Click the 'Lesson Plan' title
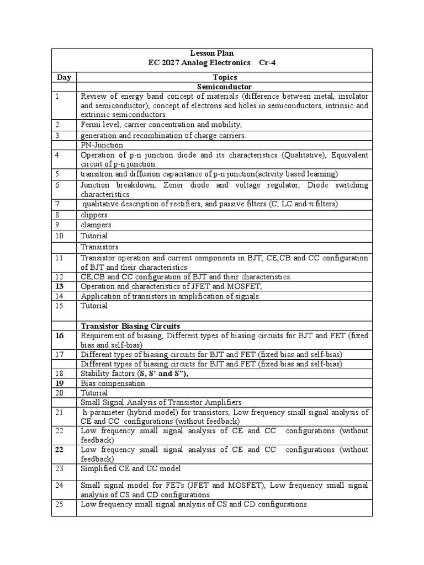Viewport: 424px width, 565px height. [212, 54]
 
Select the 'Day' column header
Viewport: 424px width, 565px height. [63, 77]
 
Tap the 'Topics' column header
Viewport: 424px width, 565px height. [224, 77]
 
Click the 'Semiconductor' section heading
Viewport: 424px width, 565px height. [224, 87]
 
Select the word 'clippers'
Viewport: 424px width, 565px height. [94, 215]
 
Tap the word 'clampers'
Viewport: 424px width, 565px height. [96, 225]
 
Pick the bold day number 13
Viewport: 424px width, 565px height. [60, 286]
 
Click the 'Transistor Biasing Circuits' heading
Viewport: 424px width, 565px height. [130, 326]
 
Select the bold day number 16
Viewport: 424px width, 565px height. [60, 335]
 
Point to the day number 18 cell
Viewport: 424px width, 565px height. [60, 373]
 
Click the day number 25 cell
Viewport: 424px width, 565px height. [60, 504]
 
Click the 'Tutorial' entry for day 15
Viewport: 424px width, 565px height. [94, 305]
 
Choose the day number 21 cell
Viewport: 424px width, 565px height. [60, 412]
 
